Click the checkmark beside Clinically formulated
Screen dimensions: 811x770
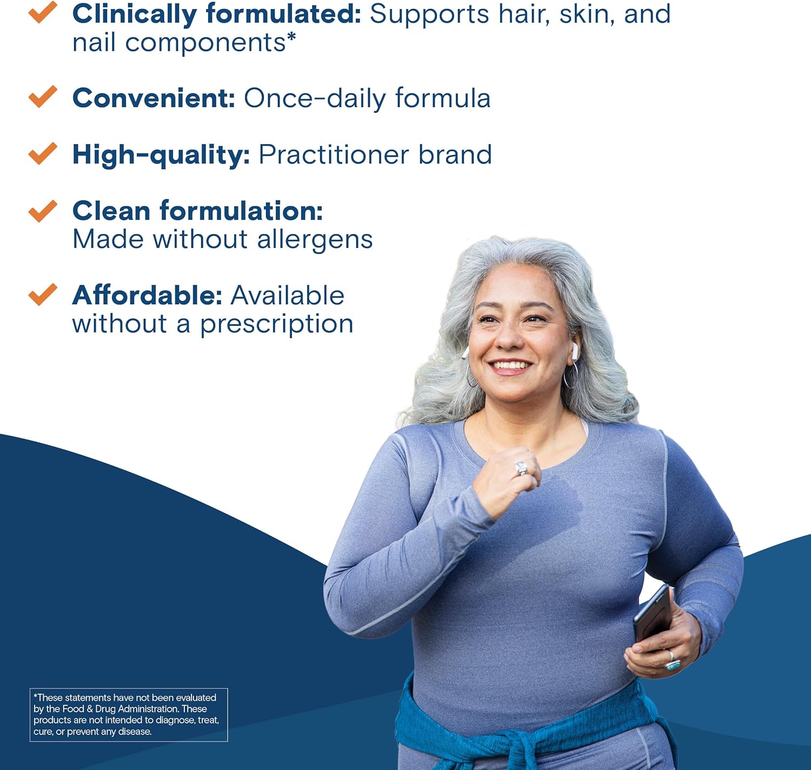pyautogui.click(x=43, y=12)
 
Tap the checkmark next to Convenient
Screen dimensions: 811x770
pyautogui.click(x=43, y=97)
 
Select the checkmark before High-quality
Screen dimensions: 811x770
pyautogui.click(x=43, y=153)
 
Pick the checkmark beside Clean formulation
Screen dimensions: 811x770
pyautogui.click(x=43, y=211)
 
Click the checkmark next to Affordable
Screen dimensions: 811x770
pyautogui.click(x=43, y=294)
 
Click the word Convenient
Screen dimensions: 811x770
pyautogui.click(x=154, y=98)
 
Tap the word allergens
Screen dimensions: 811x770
pyautogui.click(x=315, y=240)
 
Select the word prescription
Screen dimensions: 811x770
pyautogui.click(x=277, y=325)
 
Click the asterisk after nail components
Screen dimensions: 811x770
pyautogui.click(x=291, y=37)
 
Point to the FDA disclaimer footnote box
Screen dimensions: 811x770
pyautogui.click(x=129, y=714)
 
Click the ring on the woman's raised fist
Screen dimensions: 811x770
pyautogui.click(x=521, y=468)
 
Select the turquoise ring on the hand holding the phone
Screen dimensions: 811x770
pyautogui.click(x=673, y=663)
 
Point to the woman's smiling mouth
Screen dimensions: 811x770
pyautogui.click(x=510, y=366)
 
